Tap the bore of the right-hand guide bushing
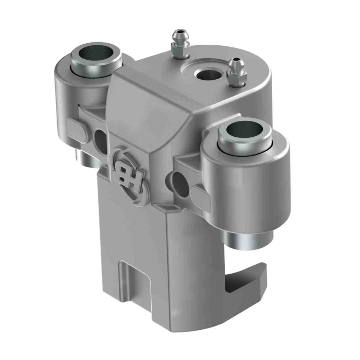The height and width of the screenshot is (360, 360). [x=245, y=134]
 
